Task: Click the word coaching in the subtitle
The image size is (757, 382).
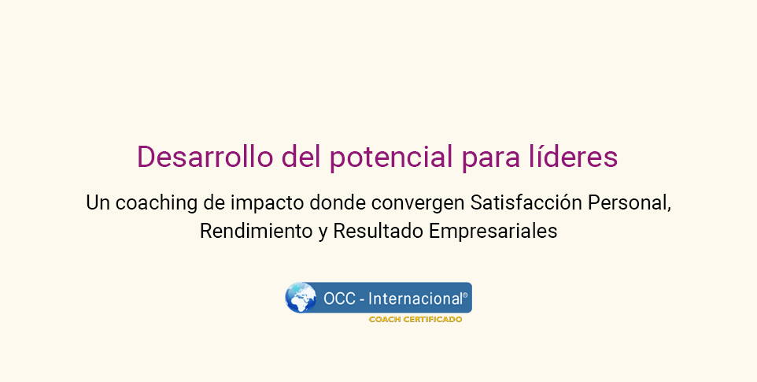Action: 157,203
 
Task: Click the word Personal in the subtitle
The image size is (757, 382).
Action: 630,202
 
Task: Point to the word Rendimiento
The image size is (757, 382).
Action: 257,231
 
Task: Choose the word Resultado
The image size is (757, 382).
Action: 378,231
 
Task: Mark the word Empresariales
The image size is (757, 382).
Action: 493,232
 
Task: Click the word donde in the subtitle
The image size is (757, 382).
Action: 338,202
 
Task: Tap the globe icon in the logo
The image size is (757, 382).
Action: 301,298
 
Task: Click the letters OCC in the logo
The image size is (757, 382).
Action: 339,299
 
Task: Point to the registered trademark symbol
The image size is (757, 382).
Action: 465,295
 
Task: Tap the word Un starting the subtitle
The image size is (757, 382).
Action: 98,202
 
